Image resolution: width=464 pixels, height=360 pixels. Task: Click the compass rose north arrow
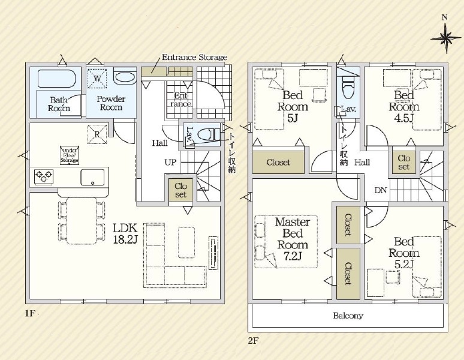click(445, 38)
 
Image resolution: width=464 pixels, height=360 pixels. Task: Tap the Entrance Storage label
click(195, 57)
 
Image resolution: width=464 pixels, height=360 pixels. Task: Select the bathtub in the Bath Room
click(57, 79)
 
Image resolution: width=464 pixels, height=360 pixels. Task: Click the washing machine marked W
click(97, 79)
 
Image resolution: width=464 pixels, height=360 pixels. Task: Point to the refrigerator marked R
click(97, 134)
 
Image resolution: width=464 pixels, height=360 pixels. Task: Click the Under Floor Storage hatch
click(70, 155)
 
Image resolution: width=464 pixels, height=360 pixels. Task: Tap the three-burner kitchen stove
click(44, 177)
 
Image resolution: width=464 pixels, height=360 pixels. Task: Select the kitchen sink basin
click(92, 177)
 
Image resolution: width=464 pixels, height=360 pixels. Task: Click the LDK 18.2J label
click(125, 233)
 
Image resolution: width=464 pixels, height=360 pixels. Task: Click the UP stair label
click(170, 162)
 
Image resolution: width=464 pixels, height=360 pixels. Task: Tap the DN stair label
click(381, 190)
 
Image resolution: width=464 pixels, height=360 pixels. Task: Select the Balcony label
click(348, 316)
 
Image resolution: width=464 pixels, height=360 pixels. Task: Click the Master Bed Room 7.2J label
click(293, 239)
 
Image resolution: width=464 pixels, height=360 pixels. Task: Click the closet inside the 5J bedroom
click(278, 162)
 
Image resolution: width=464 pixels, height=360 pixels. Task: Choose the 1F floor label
click(30, 313)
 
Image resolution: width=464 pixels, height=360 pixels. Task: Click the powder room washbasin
click(125, 77)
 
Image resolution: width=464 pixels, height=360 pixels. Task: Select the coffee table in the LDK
click(186, 242)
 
